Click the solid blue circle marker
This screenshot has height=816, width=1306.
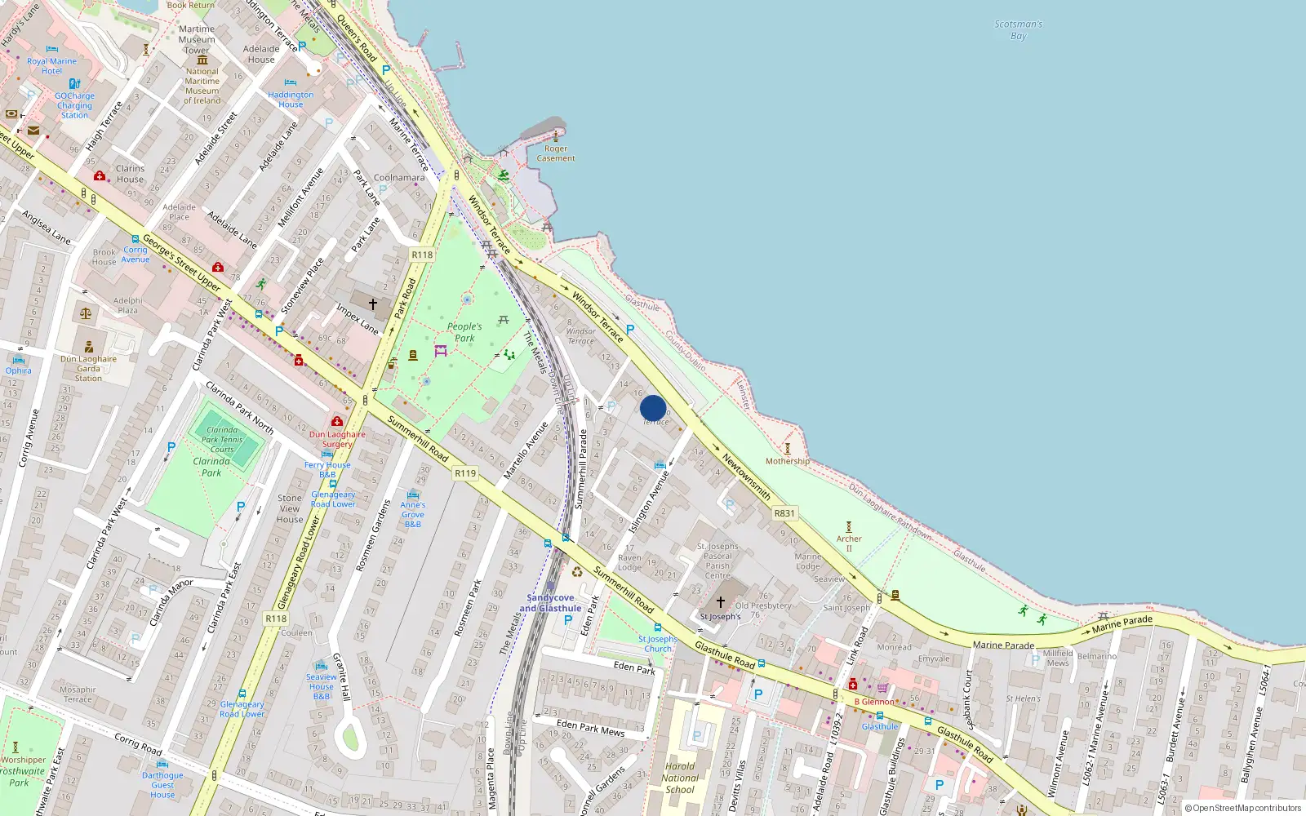653,408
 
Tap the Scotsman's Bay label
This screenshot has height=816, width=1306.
1018,30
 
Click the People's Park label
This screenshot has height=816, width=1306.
464,332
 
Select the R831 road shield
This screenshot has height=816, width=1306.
784,513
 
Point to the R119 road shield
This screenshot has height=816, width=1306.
465,473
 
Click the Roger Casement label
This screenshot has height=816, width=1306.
556,153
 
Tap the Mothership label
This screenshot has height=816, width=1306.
787,461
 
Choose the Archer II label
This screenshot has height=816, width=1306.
849,543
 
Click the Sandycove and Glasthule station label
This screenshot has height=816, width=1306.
550,603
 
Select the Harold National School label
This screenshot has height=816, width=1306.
680,778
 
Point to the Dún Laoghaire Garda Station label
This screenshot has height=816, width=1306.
88,369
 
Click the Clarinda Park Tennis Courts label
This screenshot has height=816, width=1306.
222,440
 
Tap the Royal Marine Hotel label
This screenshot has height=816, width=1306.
51,66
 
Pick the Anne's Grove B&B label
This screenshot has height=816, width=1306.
413,514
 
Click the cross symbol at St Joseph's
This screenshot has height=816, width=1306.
721,602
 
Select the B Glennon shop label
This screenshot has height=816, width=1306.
874,702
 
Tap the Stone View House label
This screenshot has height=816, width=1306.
290,508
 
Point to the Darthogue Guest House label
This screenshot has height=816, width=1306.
162,785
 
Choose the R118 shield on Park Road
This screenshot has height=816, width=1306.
422,255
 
